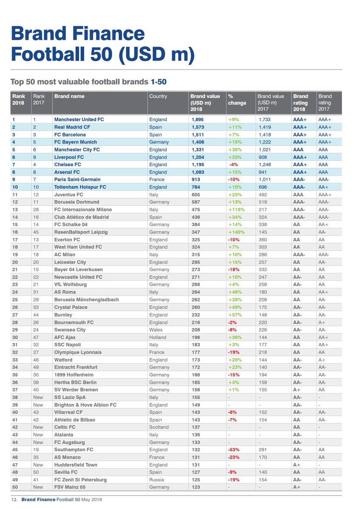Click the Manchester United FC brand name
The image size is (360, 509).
pyautogui.click(x=79, y=119)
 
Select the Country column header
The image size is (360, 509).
pyautogui.click(x=158, y=96)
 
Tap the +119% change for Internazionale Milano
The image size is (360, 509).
pyautogui.click(x=236, y=210)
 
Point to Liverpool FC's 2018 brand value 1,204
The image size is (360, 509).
pyautogui.click(x=198, y=157)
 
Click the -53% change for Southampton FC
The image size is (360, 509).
pyautogui.click(x=234, y=450)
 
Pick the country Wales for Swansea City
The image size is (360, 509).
pyautogui.click(x=156, y=330)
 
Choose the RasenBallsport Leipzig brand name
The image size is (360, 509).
pyautogui.click(x=81, y=232)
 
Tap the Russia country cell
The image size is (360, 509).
pyautogui.click(x=157, y=480)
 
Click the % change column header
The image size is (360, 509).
pyautogui.click(x=237, y=100)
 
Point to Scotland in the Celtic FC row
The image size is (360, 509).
pyautogui.click(x=159, y=427)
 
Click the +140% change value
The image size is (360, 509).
pyautogui.click(x=236, y=232)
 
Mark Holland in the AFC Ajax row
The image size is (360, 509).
pyautogui.click(x=157, y=338)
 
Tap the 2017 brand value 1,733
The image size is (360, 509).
pyautogui.click(x=264, y=120)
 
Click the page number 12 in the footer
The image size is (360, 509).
pyautogui.click(x=14, y=500)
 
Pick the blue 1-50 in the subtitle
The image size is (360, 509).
pyautogui.click(x=158, y=82)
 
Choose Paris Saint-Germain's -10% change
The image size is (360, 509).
pyautogui.click(x=234, y=179)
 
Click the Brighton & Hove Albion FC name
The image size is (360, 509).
pyautogui.click(x=85, y=405)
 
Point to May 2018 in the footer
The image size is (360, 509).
pyautogui.click(x=91, y=500)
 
